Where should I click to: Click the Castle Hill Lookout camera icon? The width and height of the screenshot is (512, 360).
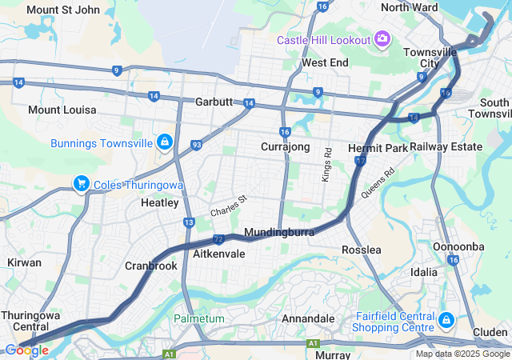tap(382, 39)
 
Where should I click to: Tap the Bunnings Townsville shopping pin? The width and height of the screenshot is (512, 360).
tap(164, 142)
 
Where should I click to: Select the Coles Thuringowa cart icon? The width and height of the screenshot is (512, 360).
tap(81, 184)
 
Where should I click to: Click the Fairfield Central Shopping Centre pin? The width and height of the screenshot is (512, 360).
tap(446, 321)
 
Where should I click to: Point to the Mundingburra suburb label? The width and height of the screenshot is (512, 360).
tap(278, 232)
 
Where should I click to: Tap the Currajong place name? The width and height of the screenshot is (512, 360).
tap(285, 147)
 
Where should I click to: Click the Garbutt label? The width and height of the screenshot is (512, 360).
tap(214, 103)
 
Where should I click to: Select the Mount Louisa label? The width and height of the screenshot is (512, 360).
tap(62, 109)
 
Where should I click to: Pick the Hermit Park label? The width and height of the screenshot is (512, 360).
tap(378, 148)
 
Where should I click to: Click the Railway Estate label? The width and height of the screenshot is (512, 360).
tap(446, 146)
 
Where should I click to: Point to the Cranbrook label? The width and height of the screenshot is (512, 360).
tap(150, 266)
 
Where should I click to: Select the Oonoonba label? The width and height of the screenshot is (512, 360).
tap(458, 246)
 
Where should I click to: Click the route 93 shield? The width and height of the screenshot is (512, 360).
tap(196, 145)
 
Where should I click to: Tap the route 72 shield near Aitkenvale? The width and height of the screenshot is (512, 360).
tap(218, 239)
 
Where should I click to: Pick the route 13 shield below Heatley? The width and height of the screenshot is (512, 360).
tap(189, 222)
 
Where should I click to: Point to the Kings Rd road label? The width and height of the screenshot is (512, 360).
tap(327, 163)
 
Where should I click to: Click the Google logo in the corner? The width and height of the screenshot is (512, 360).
tap(27, 350)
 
